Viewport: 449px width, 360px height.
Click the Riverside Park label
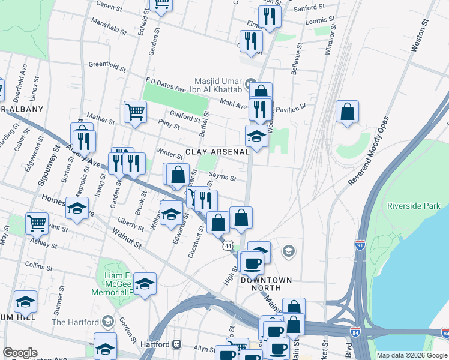(x=414, y=206)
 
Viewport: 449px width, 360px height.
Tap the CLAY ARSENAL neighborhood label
(x=217, y=152)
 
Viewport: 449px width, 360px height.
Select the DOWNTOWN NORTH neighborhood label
(x=266, y=284)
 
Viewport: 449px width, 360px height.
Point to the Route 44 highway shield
(x=227, y=245)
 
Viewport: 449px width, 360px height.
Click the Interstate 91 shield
(x=360, y=245)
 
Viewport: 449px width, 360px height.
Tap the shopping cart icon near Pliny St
(x=136, y=112)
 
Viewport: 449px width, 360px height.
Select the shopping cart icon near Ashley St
(x=37, y=224)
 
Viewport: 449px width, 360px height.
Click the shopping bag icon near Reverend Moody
(x=347, y=112)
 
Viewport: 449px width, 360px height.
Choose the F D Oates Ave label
(x=166, y=84)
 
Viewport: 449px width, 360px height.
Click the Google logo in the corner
(x=20, y=353)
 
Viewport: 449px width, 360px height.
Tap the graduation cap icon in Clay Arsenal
(x=256, y=137)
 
